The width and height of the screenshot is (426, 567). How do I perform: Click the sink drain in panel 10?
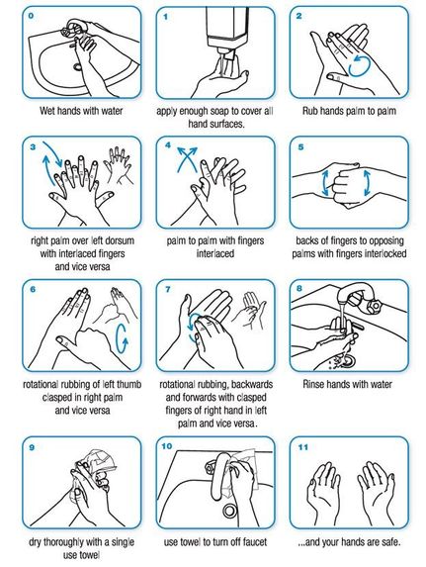(x=228, y=510)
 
